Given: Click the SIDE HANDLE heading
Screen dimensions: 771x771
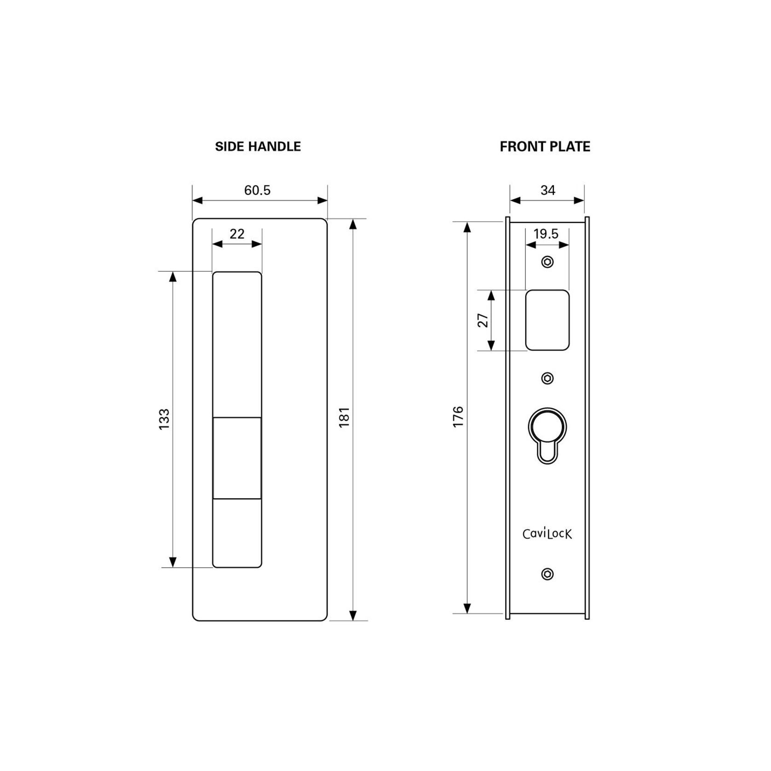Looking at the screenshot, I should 258,147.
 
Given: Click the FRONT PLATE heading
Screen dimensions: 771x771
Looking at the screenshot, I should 545,147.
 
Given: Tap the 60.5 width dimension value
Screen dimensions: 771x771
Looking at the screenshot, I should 257,190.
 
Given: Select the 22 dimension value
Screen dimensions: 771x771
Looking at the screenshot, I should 237,234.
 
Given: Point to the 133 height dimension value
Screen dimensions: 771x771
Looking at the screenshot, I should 164,419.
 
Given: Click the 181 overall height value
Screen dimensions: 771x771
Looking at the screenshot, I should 345,417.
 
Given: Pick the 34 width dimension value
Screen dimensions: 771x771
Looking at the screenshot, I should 547,190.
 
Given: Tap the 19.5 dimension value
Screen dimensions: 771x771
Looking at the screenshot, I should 546,234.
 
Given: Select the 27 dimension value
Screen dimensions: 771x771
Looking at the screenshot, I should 483,320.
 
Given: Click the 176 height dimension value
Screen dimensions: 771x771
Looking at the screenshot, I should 458,417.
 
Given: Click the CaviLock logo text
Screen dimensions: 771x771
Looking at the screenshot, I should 547,534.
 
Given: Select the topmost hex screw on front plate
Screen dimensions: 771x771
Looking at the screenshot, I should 547,262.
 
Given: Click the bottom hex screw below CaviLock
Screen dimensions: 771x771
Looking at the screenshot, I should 547,574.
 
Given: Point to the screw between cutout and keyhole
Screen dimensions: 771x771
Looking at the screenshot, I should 547,378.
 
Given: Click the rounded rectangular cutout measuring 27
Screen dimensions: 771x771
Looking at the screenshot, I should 547,320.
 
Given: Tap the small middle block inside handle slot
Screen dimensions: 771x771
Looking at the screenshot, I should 237,458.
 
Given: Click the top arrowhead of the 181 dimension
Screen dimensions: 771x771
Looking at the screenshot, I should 353,224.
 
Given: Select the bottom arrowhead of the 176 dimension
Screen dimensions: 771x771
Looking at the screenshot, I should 467,608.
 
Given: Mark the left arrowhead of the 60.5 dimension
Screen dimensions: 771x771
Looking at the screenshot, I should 197,201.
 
